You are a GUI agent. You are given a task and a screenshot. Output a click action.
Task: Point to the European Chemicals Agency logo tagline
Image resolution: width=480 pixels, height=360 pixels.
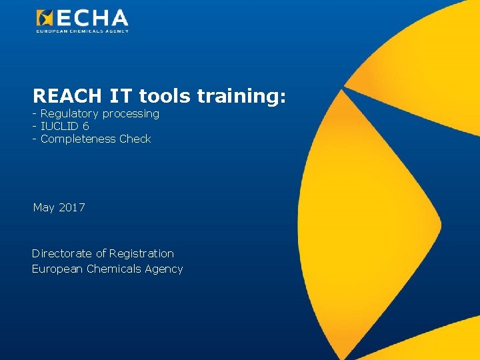(x=82, y=31)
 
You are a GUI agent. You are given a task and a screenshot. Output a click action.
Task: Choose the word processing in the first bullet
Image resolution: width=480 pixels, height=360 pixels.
(x=131, y=114)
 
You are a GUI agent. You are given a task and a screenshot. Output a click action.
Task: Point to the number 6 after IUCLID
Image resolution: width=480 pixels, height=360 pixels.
(x=86, y=126)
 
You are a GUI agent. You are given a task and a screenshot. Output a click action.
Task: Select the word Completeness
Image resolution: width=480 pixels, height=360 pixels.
(x=78, y=139)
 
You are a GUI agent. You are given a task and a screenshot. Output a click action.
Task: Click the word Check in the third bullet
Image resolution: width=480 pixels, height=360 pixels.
(x=135, y=139)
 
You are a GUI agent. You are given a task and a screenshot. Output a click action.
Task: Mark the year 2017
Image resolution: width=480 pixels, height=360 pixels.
(x=72, y=207)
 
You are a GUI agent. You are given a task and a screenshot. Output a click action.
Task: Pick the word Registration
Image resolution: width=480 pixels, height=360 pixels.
(x=141, y=254)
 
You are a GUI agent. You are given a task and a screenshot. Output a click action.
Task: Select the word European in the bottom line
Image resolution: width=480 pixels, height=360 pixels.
(x=57, y=269)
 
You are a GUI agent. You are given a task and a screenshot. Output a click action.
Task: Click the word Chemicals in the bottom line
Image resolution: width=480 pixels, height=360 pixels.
(x=113, y=269)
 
